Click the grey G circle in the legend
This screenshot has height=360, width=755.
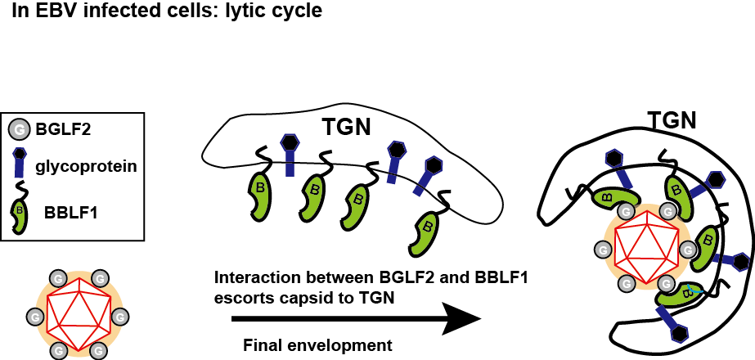click(x=19, y=130)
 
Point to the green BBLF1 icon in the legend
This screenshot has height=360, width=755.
click(x=19, y=214)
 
